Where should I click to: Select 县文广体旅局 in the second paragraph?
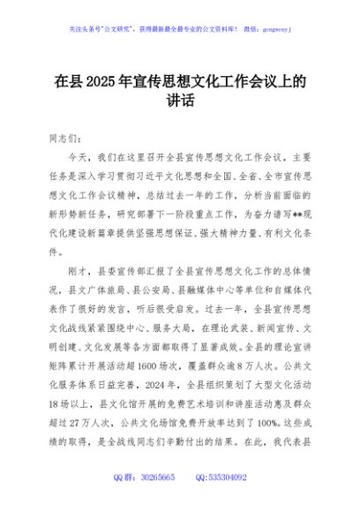(102, 290)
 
